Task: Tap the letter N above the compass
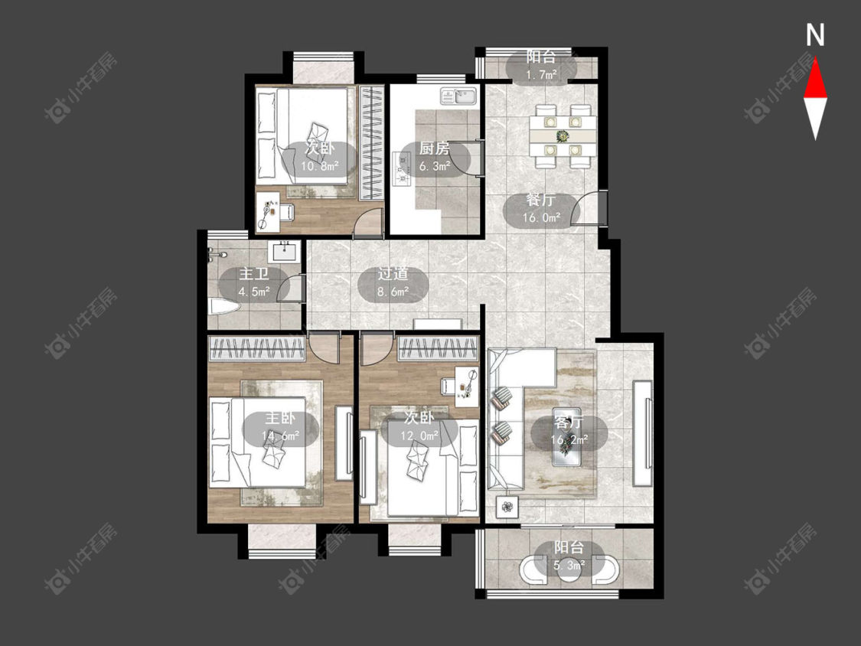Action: (815, 34)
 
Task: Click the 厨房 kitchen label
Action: (435, 148)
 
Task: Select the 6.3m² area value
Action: (435, 166)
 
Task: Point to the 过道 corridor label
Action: (393, 273)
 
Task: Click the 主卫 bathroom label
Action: (253, 273)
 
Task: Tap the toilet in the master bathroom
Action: (223, 306)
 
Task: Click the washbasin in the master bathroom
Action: (285, 252)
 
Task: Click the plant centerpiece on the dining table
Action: (562, 135)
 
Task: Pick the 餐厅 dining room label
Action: (540, 200)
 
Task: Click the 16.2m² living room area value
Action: (569, 439)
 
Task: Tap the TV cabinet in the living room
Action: (642, 433)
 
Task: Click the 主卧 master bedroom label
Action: (281, 418)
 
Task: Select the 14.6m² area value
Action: (281, 436)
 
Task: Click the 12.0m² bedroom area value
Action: (419, 436)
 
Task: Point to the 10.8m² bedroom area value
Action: (320, 166)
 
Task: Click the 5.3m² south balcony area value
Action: (569, 564)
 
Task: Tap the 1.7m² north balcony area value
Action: (542, 74)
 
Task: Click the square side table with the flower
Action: (507, 507)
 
